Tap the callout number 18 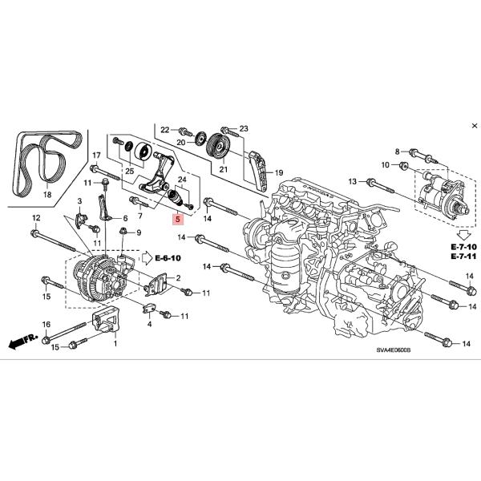coord(46,195)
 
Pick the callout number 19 coord(279,172)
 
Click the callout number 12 coord(35,218)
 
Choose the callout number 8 coord(396,151)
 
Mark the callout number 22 coord(165,130)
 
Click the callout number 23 coord(244,129)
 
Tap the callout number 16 coord(46,325)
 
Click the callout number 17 coord(95,156)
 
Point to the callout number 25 coord(129,171)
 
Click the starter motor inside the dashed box coord(440,193)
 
